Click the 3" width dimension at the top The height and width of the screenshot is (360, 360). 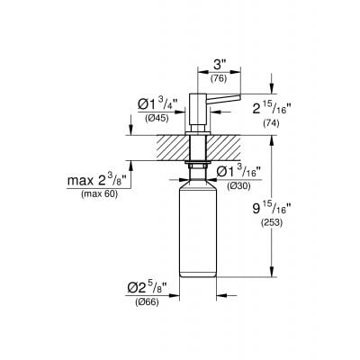[x=217, y=64]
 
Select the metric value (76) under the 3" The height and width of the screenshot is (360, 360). [x=217, y=79]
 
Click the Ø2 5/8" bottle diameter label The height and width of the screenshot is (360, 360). [x=146, y=290]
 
